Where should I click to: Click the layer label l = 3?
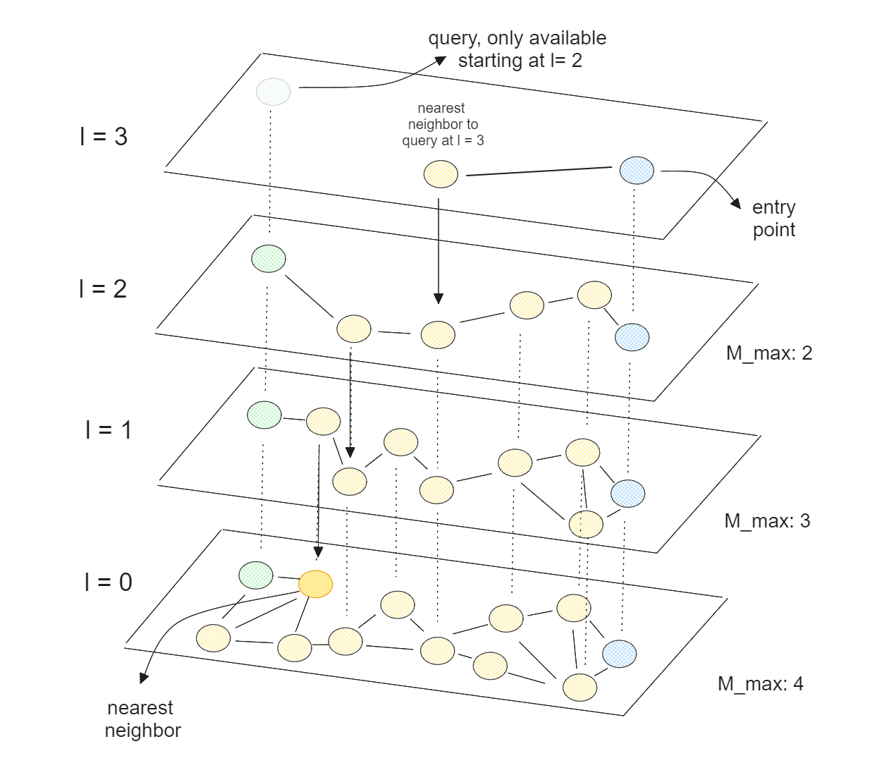pyautogui.click(x=104, y=137)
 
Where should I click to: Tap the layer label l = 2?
pyautogui.click(x=103, y=289)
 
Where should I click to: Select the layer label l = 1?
pyautogui.click(x=108, y=430)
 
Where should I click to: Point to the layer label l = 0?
pyautogui.click(x=108, y=582)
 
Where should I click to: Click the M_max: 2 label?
pyautogui.click(x=769, y=353)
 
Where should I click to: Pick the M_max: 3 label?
pyautogui.click(x=767, y=521)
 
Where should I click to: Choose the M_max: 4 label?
pyautogui.click(x=760, y=684)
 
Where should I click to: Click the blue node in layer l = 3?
pyautogui.click(x=637, y=171)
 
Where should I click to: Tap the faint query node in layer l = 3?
pyautogui.click(x=273, y=92)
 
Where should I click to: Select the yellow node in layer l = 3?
pyautogui.click(x=441, y=174)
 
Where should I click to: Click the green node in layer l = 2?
pyautogui.click(x=269, y=259)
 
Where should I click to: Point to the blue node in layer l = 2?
pyautogui.click(x=632, y=337)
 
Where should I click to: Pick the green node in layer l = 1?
pyautogui.click(x=264, y=415)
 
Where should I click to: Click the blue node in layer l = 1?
pyautogui.click(x=627, y=494)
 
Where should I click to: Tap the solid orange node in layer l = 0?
pyautogui.click(x=315, y=584)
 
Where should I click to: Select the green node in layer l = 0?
pyautogui.click(x=256, y=575)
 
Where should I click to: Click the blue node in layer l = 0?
pyautogui.click(x=620, y=654)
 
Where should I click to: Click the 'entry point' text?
pyautogui.click(x=773, y=219)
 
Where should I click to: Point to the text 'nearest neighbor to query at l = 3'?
pyautogui.click(x=443, y=124)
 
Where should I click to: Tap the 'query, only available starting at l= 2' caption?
pyautogui.click(x=517, y=49)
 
